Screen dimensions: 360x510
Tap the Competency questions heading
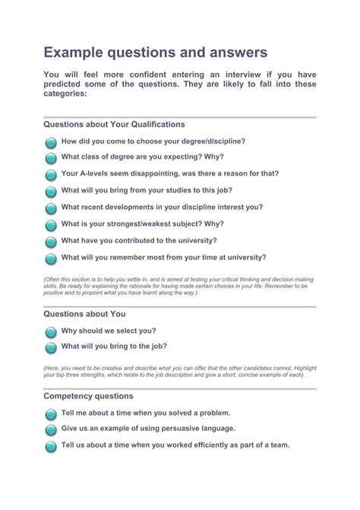pyautogui.click(x=88, y=396)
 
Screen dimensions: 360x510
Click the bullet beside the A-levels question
pyautogui.click(x=50, y=175)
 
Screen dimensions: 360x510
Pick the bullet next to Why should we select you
pyautogui.click(x=50, y=332)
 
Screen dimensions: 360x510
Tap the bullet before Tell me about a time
pyautogui.click(x=50, y=415)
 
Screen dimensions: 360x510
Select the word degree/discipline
pyautogui.click(x=216, y=141)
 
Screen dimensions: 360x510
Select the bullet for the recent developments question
pyautogui.click(x=50, y=208)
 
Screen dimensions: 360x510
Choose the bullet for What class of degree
pyautogui.click(x=50, y=158)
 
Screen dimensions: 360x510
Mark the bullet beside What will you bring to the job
pyautogui.click(x=50, y=347)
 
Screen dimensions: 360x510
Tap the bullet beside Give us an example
pyautogui.click(x=50, y=430)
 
